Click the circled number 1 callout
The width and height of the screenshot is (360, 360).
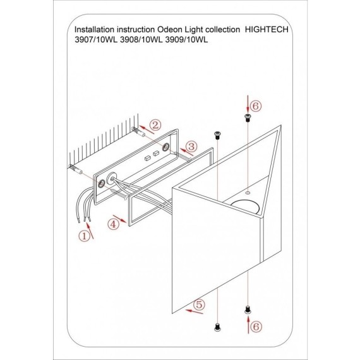tap(85, 236)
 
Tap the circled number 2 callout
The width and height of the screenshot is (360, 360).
tap(155, 125)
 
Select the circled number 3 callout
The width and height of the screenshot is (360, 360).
tap(191, 147)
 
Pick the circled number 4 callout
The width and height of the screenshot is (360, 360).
tap(114, 224)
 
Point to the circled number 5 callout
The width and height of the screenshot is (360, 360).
tap(199, 304)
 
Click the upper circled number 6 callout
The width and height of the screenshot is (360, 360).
tap(256, 106)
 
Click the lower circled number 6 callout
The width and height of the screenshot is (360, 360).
tap(256, 327)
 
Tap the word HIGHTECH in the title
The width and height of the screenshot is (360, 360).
tap(267, 30)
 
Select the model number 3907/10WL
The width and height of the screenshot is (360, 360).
tap(96, 40)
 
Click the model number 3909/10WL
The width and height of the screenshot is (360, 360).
tap(187, 40)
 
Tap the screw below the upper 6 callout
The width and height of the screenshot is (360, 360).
tap(248, 117)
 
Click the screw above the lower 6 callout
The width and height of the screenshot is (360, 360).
tap(248, 309)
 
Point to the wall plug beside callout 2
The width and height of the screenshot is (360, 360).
tap(138, 131)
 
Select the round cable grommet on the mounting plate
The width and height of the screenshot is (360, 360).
tap(112, 178)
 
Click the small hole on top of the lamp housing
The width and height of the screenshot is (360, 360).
tap(248, 193)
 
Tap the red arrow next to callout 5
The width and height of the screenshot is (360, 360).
tap(195, 311)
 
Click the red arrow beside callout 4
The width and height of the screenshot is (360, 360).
tap(120, 219)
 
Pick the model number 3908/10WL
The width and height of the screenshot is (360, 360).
tap(141, 40)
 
